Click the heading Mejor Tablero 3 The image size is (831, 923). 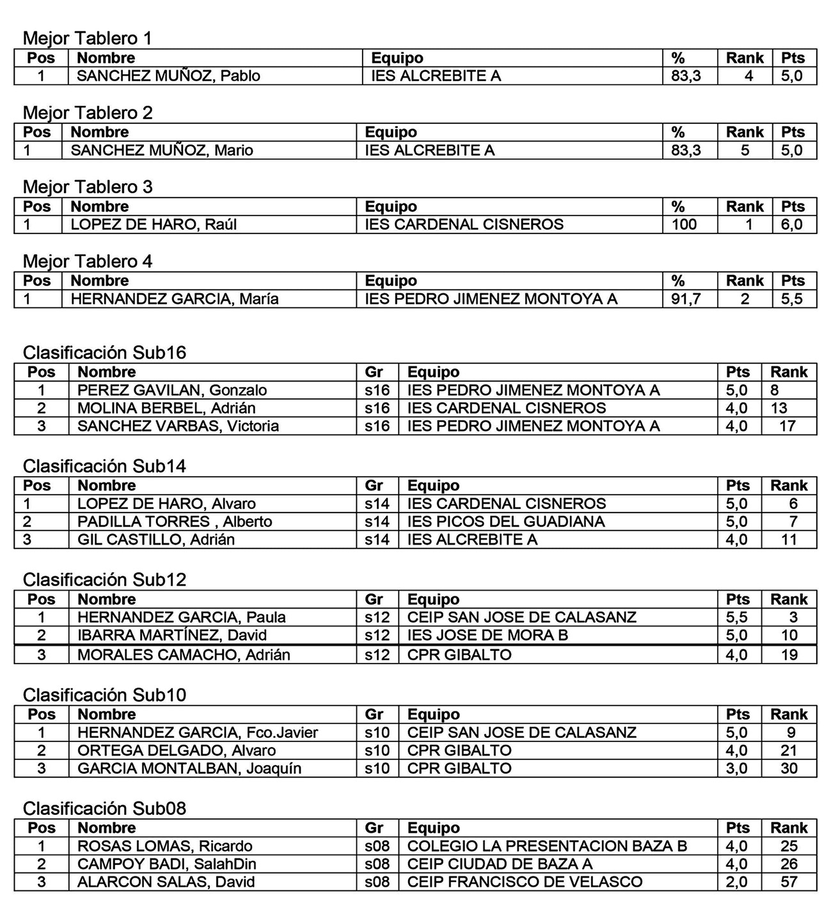tap(88, 187)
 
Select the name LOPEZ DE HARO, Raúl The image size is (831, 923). tap(153, 225)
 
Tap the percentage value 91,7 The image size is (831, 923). tap(686, 299)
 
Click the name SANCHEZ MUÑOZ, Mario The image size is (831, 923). tap(161, 151)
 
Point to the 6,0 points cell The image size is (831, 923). tap(791, 225)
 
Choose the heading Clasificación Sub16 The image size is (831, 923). tap(104, 353)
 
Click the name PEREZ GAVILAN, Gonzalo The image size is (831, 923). tap(172, 391)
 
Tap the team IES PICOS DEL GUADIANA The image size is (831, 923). tap(505, 522)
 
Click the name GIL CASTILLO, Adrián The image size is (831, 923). tap(155, 539)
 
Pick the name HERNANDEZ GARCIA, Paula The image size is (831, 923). tap(181, 617)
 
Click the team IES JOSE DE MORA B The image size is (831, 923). tap(487, 635)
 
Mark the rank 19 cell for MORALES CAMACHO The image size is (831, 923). tap(789, 655)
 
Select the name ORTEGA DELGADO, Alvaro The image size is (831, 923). tap(176, 750)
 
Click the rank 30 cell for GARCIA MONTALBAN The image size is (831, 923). tap(789, 768)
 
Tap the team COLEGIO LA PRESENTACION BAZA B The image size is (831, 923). tap(547, 846)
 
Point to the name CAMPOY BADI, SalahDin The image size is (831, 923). tap(166, 864)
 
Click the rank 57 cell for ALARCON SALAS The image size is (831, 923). tap(789, 882)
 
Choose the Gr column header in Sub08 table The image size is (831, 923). tap(374, 828)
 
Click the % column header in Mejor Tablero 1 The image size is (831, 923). tap(677, 58)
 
